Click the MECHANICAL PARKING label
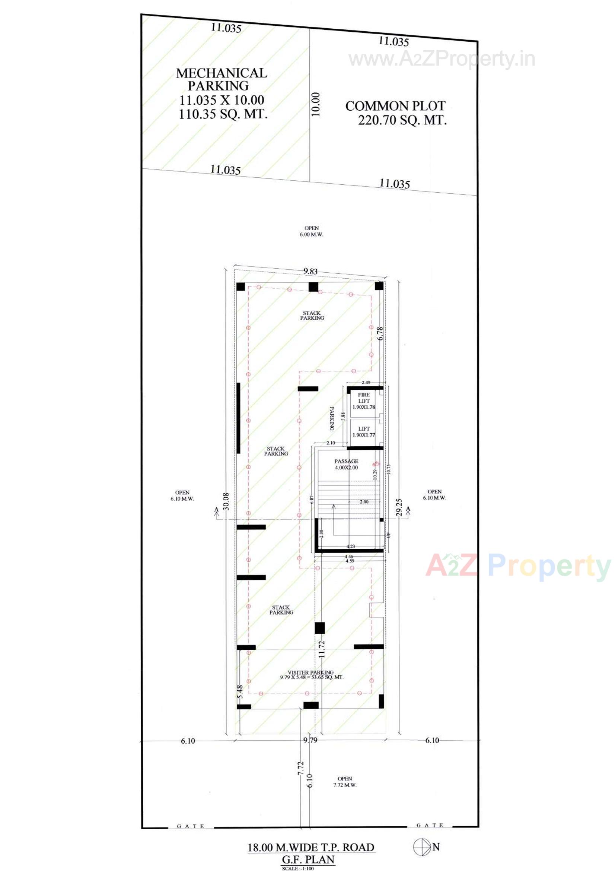222,79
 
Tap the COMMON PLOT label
395,106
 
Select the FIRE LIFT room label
364,398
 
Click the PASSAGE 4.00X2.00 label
346,464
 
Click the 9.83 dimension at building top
310,271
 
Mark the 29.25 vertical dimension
398,507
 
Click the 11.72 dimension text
322,649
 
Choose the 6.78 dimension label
380,333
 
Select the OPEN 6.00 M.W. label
311,231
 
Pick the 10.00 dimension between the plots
316,104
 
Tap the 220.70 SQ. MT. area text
402,121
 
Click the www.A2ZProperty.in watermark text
442,60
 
